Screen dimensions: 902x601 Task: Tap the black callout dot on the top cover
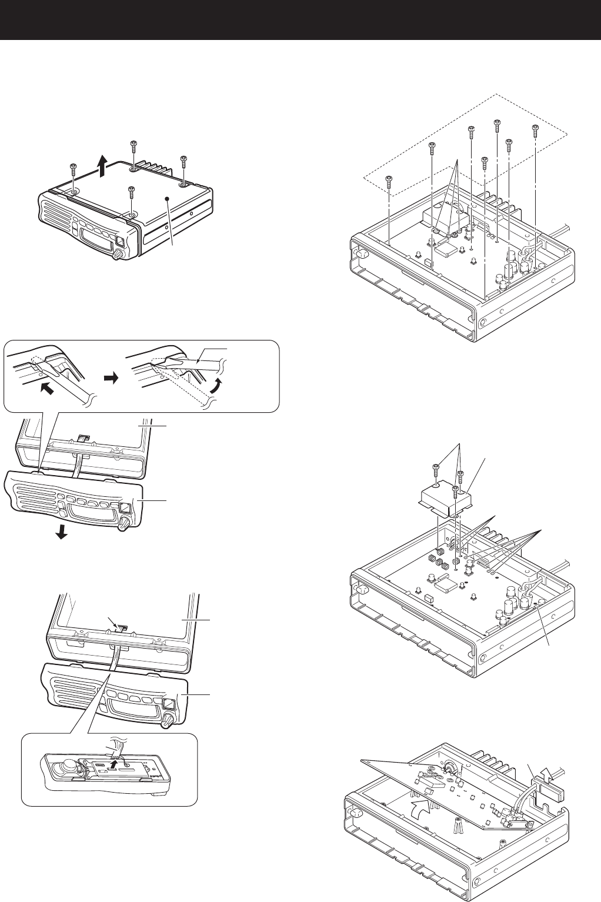coord(168,199)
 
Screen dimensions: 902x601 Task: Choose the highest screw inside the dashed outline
coord(497,123)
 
